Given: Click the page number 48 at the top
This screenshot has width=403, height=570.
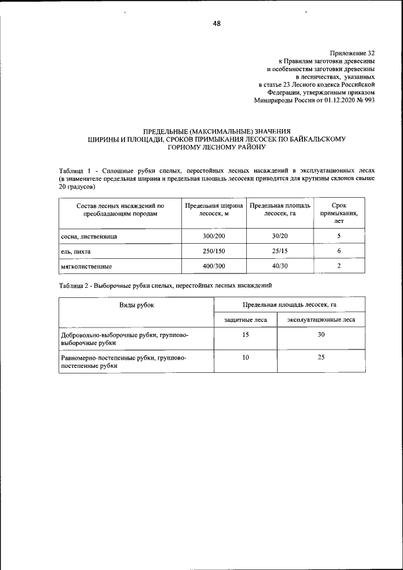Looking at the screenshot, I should pyautogui.click(x=217, y=25).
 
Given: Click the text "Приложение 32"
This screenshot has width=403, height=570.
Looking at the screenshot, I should pyautogui.click(x=352, y=54).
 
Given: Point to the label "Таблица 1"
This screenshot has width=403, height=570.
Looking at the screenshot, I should pyautogui.click(x=75, y=171).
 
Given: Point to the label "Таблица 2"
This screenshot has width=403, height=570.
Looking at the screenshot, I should pyautogui.click(x=75, y=285).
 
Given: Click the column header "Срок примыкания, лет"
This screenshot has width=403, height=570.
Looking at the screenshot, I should pyautogui.click(x=339, y=214).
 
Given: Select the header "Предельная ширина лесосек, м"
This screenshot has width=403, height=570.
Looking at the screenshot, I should pyautogui.click(x=213, y=210).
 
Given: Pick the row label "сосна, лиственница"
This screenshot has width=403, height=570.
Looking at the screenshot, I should pyautogui.click(x=89, y=236).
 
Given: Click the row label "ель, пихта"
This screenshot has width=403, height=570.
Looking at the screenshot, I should pyautogui.click(x=76, y=251).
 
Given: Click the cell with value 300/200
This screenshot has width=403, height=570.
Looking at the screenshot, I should pyautogui.click(x=213, y=236).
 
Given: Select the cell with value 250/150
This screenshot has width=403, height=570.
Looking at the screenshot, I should pyautogui.click(x=213, y=251).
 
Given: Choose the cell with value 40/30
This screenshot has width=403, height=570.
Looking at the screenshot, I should pyautogui.click(x=279, y=266).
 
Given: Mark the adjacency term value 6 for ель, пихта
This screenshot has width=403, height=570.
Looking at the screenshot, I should pyautogui.click(x=339, y=251).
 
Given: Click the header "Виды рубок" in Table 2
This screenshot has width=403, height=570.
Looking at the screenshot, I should pyautogui.click(x=137, y=305).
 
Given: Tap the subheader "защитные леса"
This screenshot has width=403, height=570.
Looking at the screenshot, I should pyautogui.click(x=246, y=320).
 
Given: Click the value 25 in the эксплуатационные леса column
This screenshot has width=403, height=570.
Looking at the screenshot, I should pyautogui.click(x=321, y=357).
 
